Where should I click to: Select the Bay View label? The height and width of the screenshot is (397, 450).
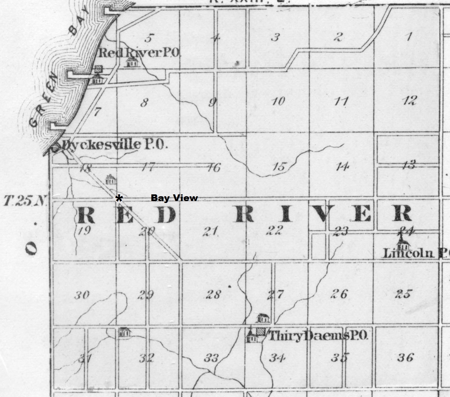[x=174, y=198]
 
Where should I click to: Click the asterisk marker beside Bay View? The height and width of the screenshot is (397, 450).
[x=119, y=199]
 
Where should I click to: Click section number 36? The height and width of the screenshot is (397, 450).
[x=405, y=358]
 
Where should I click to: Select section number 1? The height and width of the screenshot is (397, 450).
[x=409, y=37]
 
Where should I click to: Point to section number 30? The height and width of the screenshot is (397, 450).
[x=82, y=295]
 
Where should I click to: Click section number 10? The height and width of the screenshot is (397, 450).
[x=278, y=101]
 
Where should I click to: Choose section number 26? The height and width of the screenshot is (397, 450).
[x=339, y=294]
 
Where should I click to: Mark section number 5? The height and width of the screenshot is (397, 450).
[x=148, y=38]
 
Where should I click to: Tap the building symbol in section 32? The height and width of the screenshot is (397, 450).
[x=124, y=332]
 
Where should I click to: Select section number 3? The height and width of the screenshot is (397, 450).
[x=275, y=37]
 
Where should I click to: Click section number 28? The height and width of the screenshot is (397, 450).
[x=213, y=294]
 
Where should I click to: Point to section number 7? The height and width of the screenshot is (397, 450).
[x=97, y=112]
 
